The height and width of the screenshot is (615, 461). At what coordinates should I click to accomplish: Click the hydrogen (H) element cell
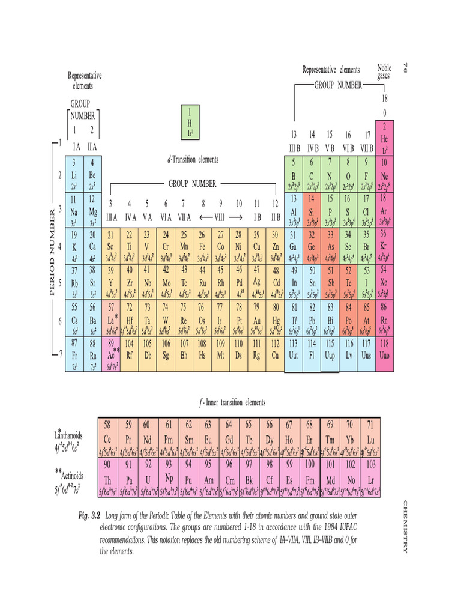(190, 123)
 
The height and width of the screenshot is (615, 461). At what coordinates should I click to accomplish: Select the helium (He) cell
(384, 138)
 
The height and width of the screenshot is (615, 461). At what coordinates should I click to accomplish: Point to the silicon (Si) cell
(312, 208)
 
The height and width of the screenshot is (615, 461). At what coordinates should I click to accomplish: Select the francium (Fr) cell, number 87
(75, 354)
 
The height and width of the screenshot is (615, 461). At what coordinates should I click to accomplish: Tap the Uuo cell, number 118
(384, 354)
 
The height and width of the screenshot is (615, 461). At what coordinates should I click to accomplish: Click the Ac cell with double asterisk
(112, 354)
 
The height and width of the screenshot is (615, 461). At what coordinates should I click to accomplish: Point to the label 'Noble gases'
(384, 72)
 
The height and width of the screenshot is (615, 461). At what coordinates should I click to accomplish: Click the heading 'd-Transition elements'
(193, 160)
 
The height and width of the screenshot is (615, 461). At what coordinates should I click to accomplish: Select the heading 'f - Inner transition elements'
(232, 402)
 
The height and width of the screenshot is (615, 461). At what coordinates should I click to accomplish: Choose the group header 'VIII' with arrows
(221, 216)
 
